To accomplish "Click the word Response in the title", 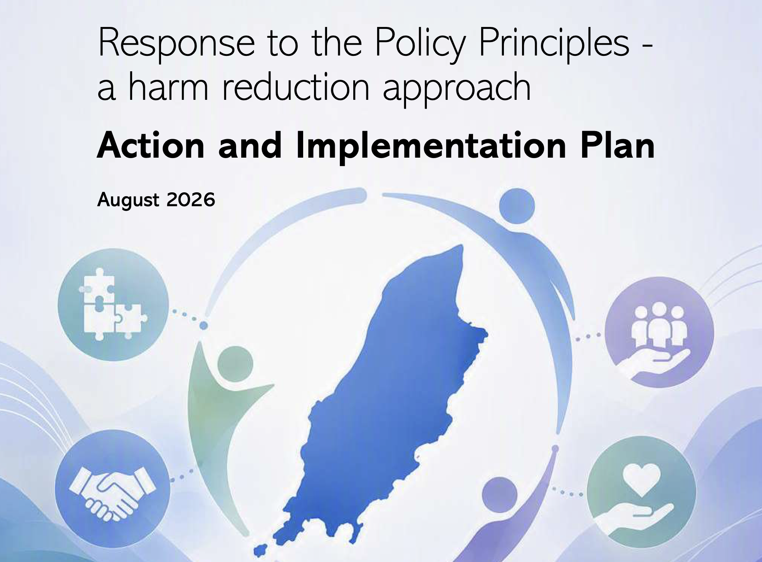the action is pos(176,43).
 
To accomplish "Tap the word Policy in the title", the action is pos(420,43).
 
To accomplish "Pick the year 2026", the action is pos(191,199).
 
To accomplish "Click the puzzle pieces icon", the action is pos(112,305).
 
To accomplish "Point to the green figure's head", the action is pos(235,364).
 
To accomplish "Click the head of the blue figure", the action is pos(517,206).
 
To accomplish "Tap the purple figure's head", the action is pos(500,495).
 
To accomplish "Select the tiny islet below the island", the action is pos(260,550).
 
